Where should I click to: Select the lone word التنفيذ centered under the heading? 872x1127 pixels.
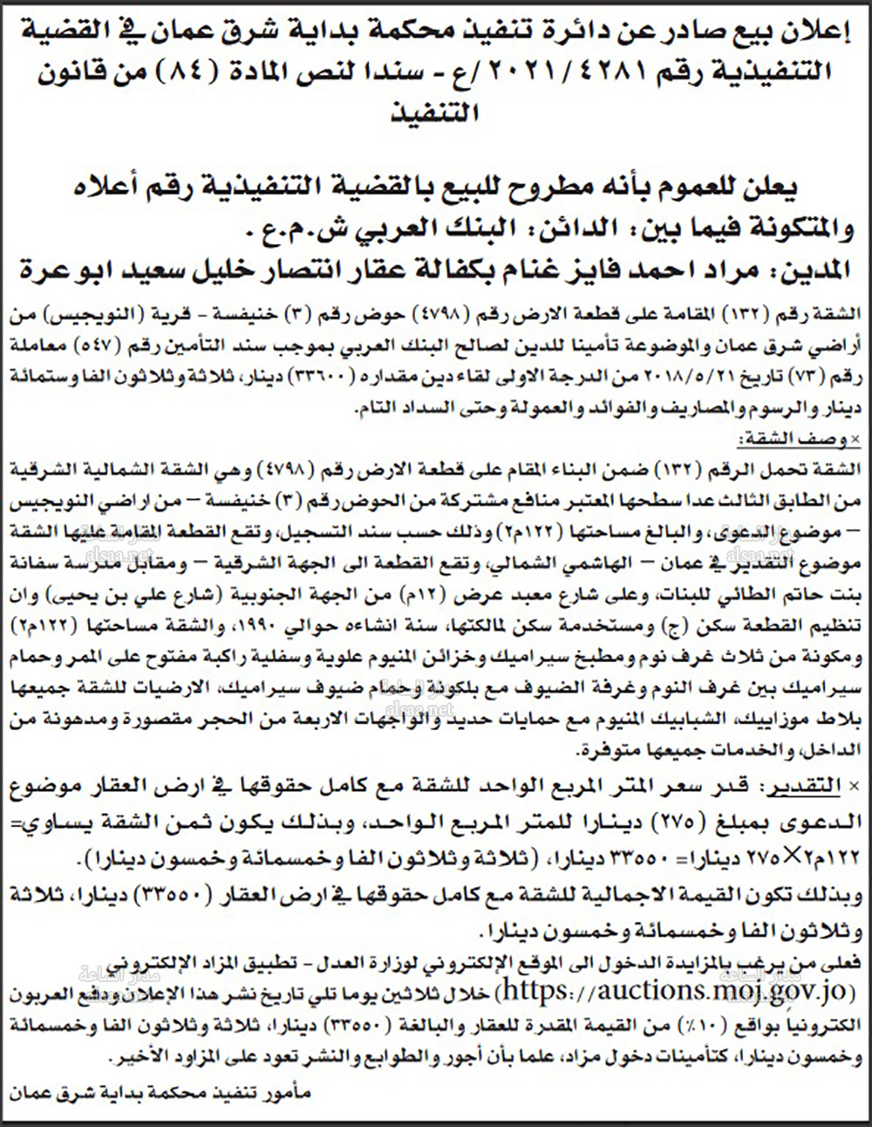pos(437,113)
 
